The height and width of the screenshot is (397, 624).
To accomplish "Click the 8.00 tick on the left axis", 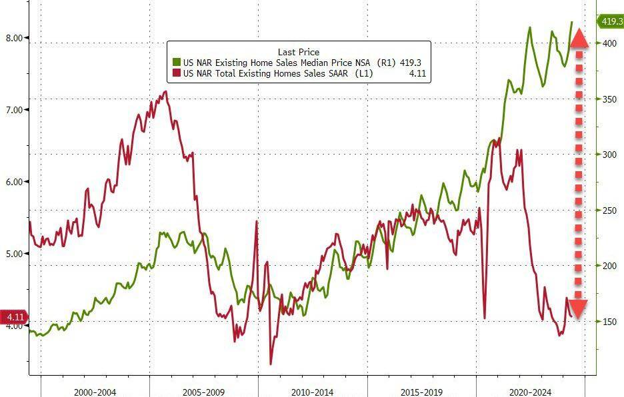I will (x=14, y=37).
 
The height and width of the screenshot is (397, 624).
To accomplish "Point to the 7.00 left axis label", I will (x=14, y=109).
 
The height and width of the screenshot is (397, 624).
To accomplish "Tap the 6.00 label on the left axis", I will (x=14, y=181).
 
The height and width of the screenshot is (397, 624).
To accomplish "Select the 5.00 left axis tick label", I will (x=14, y=253).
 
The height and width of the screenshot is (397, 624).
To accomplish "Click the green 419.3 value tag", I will (x=611, y=22).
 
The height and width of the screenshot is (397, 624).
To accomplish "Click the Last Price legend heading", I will (x=298, y=51).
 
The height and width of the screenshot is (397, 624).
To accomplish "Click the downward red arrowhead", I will (x=578, y=308).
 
